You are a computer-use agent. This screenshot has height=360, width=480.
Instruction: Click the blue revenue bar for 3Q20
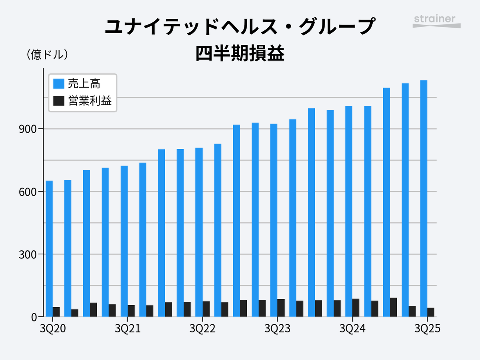[x=49, y=248]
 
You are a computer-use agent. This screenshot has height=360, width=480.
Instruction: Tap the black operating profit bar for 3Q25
[x=431, y=312]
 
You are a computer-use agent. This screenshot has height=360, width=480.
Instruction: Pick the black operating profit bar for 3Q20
[x=56, y=312]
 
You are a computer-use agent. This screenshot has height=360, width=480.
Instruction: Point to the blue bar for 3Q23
[x=274, y=220]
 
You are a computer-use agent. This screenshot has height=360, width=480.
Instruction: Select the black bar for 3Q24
[x=356, y=308]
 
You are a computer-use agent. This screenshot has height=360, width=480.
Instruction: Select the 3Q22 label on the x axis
[x=202, y=329]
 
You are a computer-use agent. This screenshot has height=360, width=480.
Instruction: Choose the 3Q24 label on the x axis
[x=352, y=329]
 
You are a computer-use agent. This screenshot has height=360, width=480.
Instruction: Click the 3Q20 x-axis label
[x=53, y=329]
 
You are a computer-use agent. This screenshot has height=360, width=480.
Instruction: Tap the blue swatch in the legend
[x=59, y=84]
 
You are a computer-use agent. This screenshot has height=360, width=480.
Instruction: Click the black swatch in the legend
[x=59, y=101]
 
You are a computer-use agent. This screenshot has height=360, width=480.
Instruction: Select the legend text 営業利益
[x=90, y=101]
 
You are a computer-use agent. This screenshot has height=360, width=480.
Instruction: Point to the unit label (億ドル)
[x=47, y=55]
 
